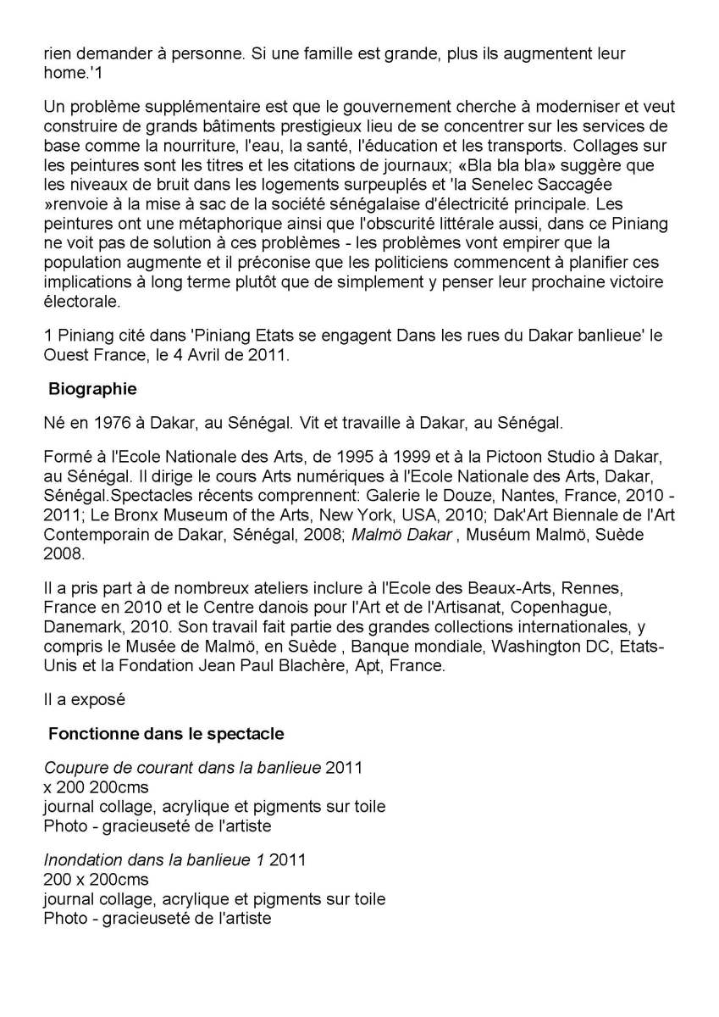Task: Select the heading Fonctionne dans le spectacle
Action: pyautogui.click(x=166, y=732)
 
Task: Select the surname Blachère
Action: pyautogui.click(x=342, y=664)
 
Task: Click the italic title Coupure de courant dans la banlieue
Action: pyautogui.click(x=182, y=769)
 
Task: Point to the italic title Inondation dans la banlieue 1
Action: pyautogui.click(x=154, y=859)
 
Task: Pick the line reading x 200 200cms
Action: pyautogui.click(x=96, y=787)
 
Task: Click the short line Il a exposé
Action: pyautogui.click(x=84, y=700)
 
